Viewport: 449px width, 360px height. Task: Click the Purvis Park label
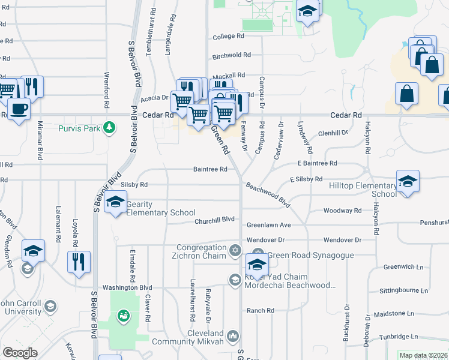point(80,128)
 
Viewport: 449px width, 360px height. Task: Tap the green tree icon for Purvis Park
point(109,127)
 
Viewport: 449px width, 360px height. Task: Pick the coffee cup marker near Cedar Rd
point(19,109)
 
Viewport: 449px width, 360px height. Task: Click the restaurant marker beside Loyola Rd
point(79,262)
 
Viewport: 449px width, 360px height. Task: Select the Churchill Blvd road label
point(214,221)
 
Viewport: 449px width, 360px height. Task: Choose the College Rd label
point(228,37)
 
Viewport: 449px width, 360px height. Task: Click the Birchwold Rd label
point(231,55)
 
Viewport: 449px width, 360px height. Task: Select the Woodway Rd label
point(342,211)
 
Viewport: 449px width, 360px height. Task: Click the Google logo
point(20,353)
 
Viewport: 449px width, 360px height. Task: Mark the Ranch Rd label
point(261,311)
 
